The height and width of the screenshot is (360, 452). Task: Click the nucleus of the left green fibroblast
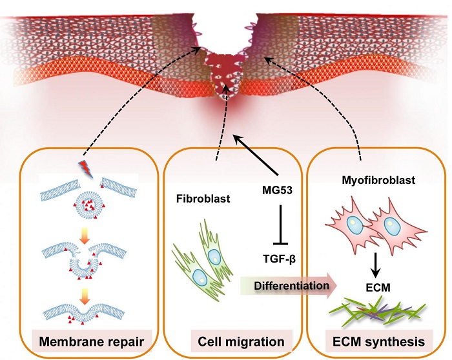201,275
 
